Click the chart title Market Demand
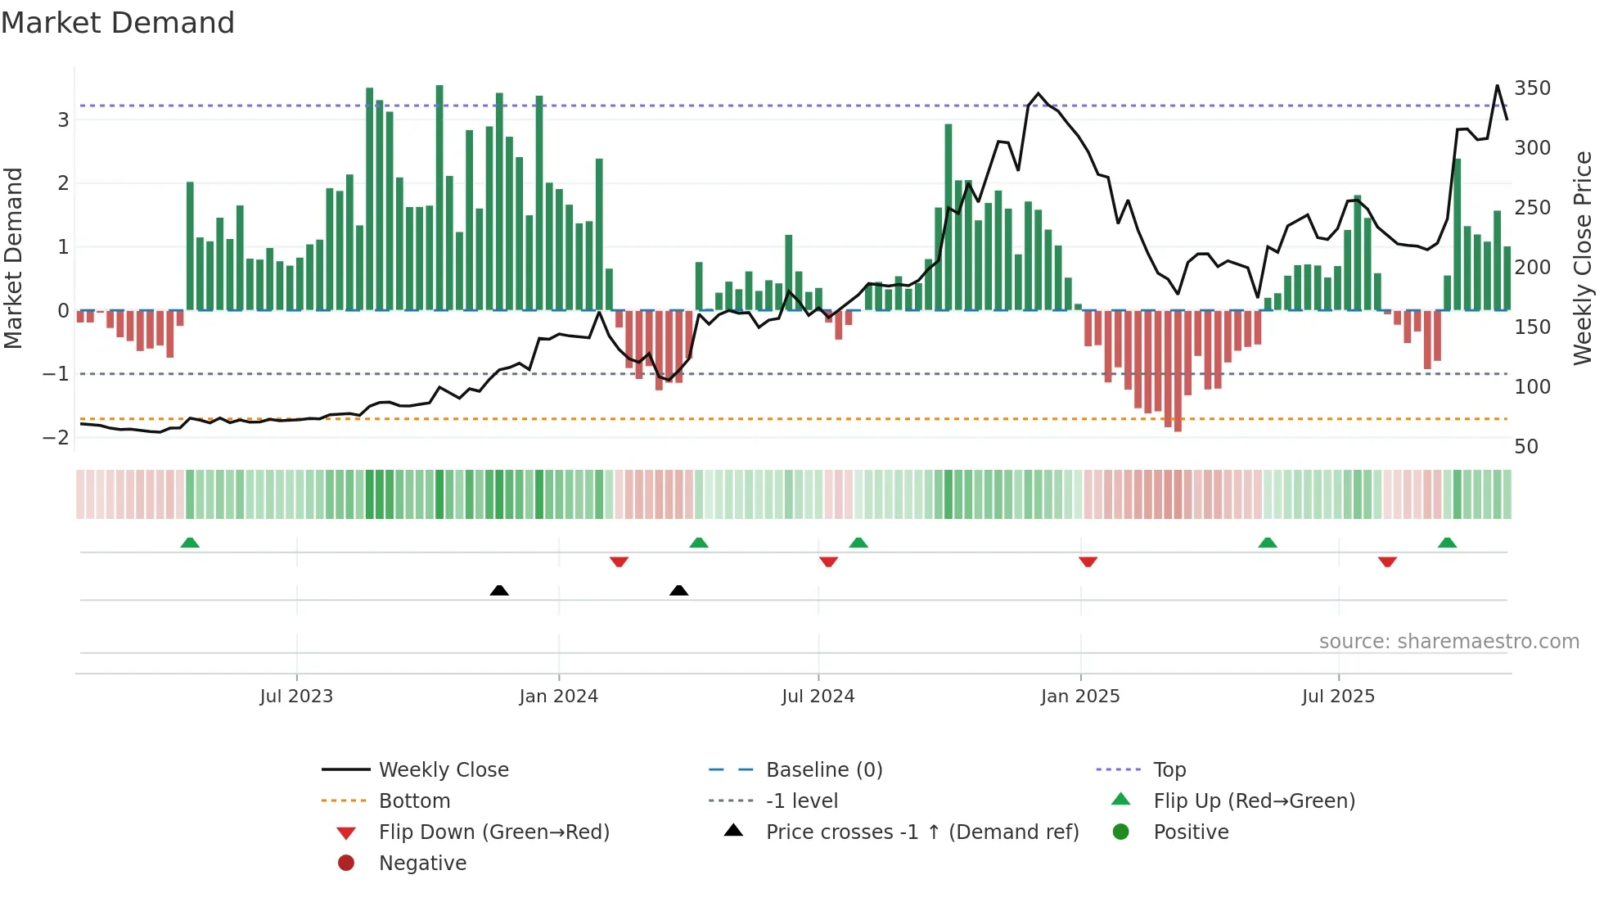tap(118, 23)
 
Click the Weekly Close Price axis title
tap(1583, 258)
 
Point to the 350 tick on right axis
tap(1532, 88)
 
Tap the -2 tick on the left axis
tap(56, 437)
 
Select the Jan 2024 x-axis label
tap(558, 697)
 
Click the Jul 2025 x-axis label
tap(1338, 697)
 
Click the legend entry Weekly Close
tap(443, 769)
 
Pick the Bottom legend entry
tap(414, 801)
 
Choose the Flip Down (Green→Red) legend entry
tap(493, 832)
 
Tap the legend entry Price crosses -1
tap(921, 832)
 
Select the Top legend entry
tap(1169, 769)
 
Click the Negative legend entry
tap(422, 863)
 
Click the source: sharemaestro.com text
tap(1449, 641)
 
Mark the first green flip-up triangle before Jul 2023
tap(190, 543)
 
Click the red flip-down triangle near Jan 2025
tap(1088, 561)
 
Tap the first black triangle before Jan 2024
tap(499, 590)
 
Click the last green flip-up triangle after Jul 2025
tap(1447, 543)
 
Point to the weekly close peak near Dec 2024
tap(1039, 93)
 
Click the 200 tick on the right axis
tap(1532, 267)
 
